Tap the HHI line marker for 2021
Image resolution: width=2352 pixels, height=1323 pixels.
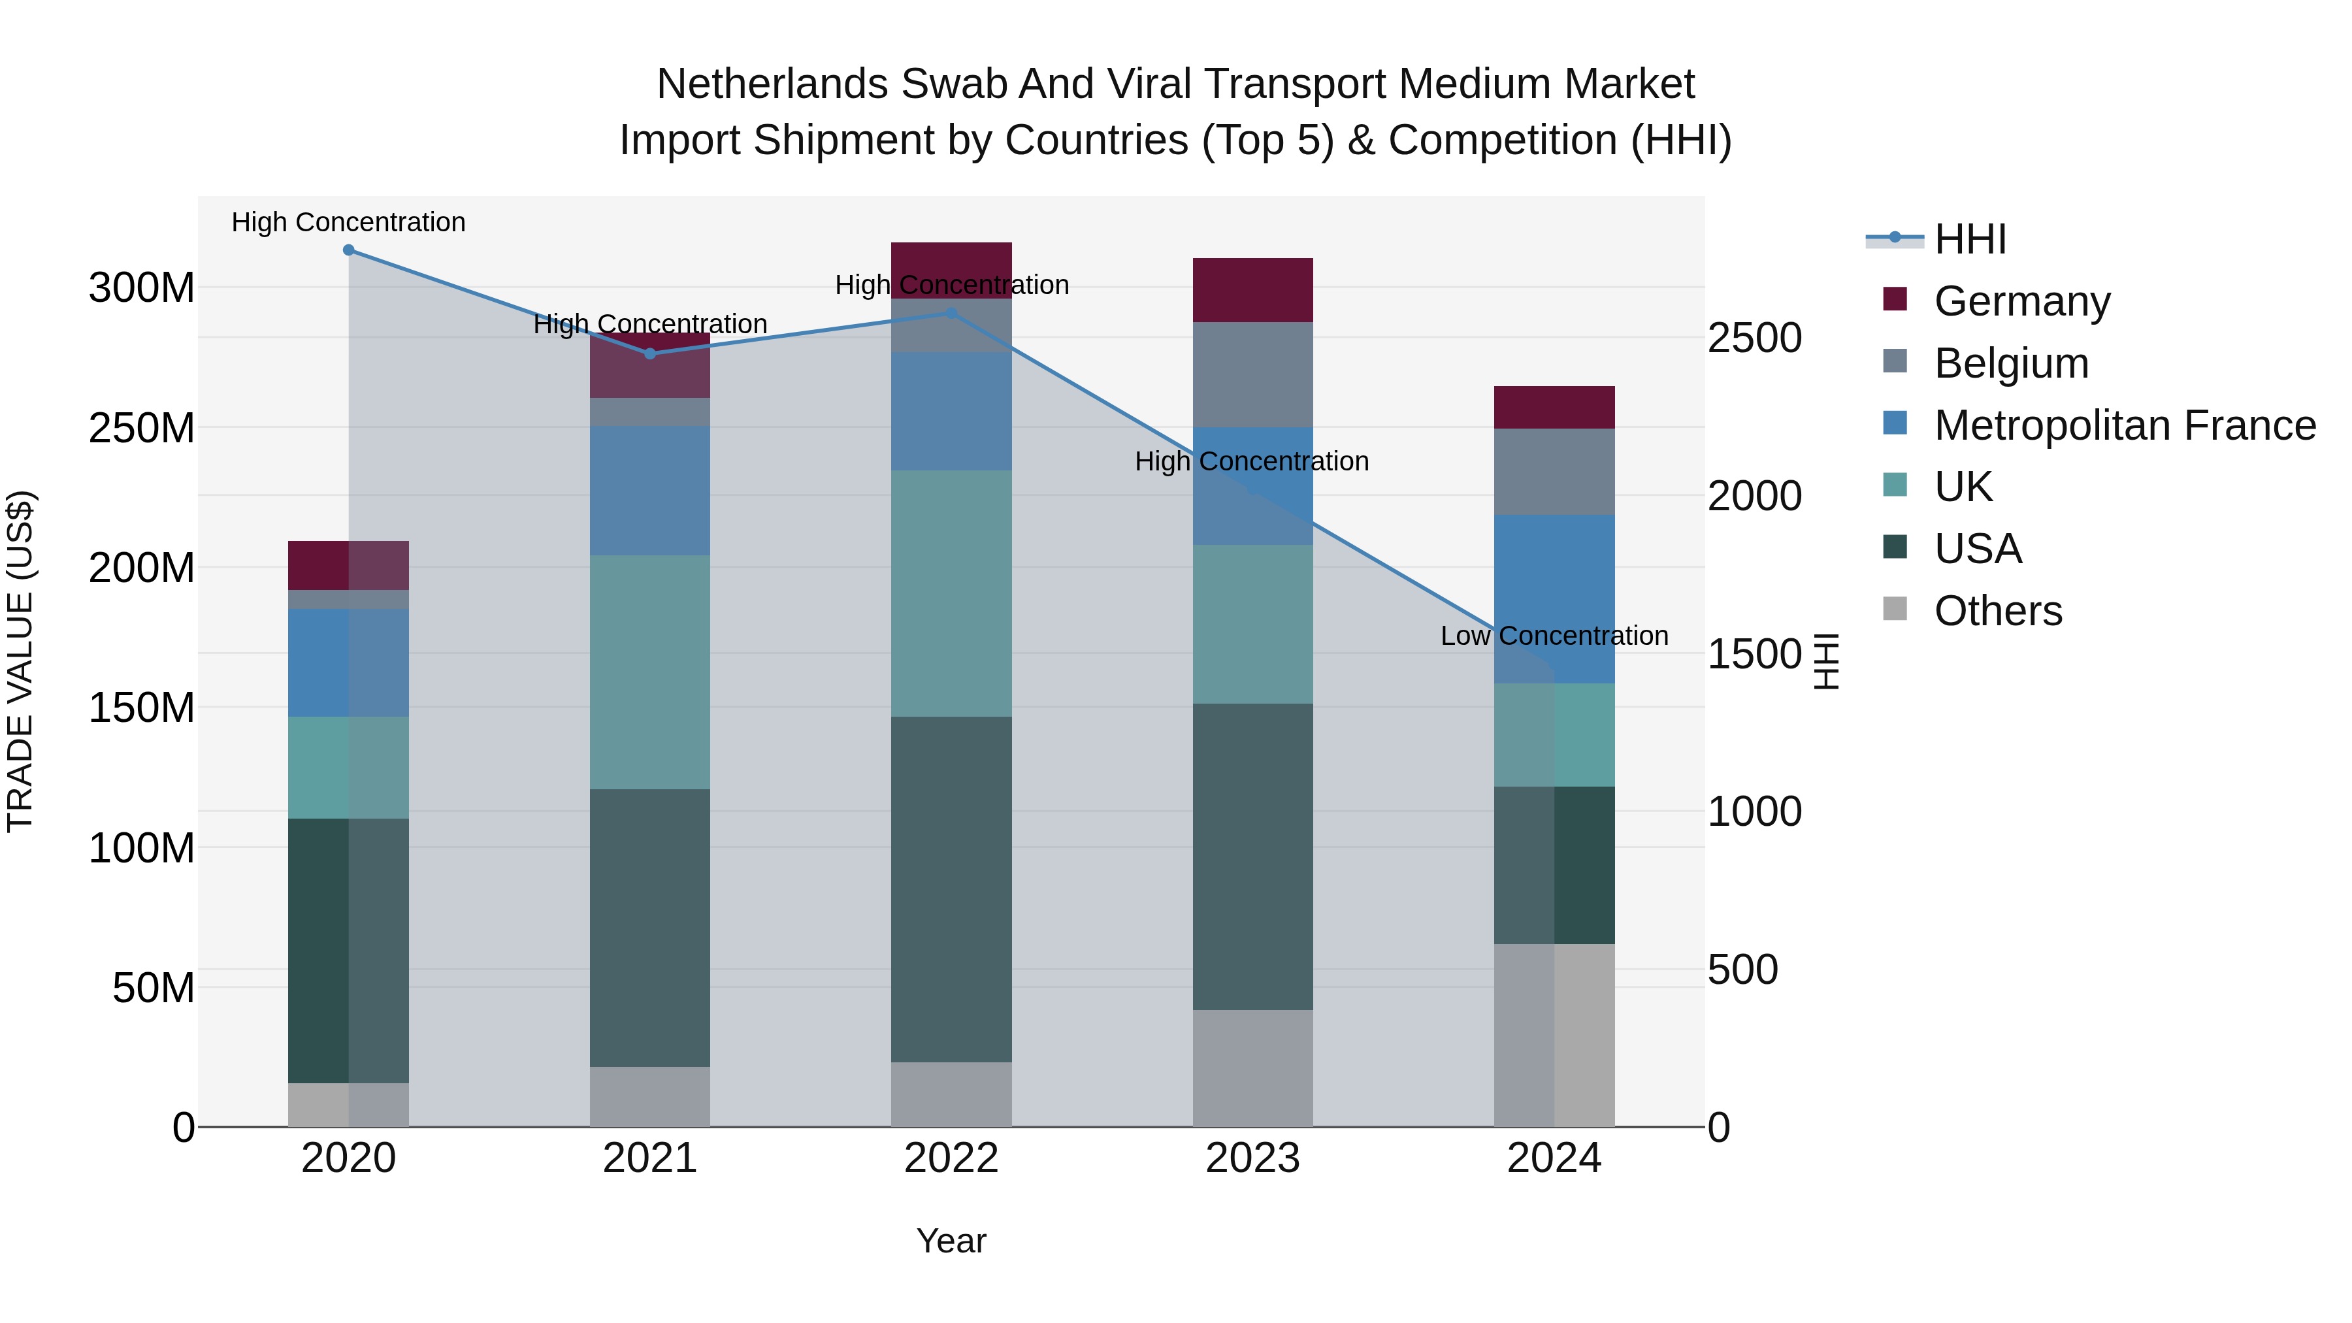coord(650,353)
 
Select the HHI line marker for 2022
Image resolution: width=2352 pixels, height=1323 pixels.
coord(951,313)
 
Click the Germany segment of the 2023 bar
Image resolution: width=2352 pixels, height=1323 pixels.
coord(1252,290)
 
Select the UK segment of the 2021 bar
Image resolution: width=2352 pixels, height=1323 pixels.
coord(650,672)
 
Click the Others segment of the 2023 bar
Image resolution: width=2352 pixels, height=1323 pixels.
coord(1252,1068)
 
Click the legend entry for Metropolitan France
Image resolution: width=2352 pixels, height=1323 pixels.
coord(2124,425)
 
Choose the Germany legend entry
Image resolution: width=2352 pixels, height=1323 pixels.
coord(2021,301)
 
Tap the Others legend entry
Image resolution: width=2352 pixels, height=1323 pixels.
coord(1998,611)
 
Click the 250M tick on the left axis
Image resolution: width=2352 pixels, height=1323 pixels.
coord(142,428)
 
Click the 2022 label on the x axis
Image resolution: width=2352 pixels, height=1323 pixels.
coord(951,1158)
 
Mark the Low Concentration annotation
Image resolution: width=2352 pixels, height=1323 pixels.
coord(1554,636)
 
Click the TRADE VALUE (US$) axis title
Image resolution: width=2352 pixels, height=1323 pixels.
coord(20,661)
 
